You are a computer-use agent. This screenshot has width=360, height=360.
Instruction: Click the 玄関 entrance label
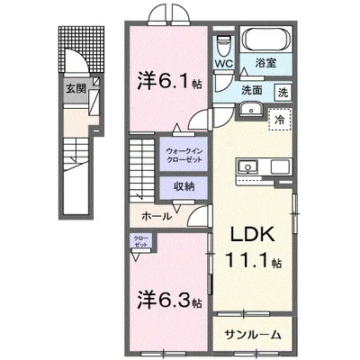[76, 88]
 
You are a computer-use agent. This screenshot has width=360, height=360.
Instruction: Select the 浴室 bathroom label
[265, 65]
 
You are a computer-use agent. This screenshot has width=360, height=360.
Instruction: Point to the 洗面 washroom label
[252, 91]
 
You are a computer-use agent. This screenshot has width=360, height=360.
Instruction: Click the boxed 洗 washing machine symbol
[283, 91]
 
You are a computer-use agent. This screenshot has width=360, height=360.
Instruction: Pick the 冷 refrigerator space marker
[280, 121]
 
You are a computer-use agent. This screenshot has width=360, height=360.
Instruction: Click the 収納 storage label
[183, 187]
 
